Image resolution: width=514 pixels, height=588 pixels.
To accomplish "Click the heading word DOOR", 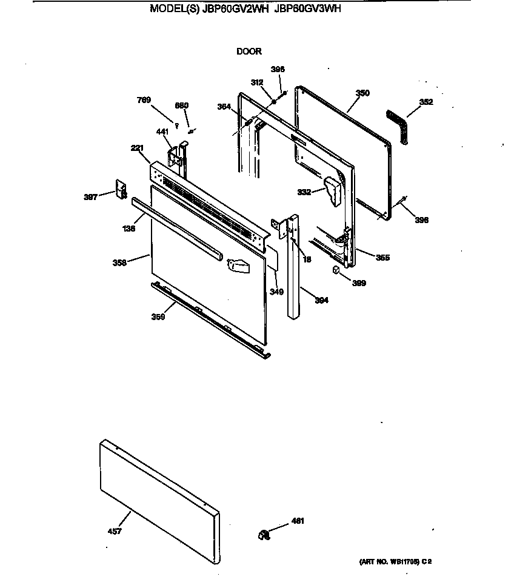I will coord(249,52).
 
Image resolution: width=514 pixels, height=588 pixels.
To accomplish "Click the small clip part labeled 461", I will coord(263,533).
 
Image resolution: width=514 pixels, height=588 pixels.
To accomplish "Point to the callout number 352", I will coord(426,102).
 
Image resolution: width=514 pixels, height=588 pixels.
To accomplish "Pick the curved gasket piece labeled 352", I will coord(398,126).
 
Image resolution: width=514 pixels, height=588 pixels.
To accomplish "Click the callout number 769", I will coord(144,100).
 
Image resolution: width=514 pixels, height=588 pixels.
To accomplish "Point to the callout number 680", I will coord(182,105).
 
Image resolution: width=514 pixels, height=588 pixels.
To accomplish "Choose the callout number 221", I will coord(138,148).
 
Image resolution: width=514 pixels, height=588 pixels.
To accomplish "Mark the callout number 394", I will coord(321,300).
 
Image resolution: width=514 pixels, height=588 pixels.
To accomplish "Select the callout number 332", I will coord(304,192).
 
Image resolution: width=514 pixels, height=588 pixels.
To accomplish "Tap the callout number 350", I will coord(362,93).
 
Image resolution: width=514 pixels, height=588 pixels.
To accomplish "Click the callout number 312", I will coord(257,82).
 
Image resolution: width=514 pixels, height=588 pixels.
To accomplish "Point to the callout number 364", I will coord(224,107).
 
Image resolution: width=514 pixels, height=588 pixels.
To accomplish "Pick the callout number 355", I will coord(382,258).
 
